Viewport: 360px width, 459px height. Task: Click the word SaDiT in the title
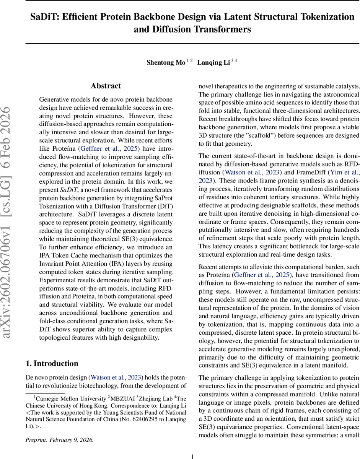(45, 17)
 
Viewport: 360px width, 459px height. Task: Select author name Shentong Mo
(166, 63)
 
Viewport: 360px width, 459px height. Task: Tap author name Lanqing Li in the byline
(213, 63)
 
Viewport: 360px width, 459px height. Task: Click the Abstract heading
(106, 86)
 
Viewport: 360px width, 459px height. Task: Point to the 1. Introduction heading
(52, 363)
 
